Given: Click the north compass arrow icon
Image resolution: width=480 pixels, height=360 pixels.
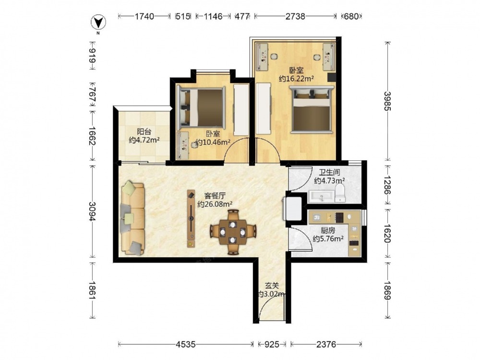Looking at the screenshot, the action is point(98,23).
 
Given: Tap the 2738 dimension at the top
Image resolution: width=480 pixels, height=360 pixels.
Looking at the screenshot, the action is point(295,16).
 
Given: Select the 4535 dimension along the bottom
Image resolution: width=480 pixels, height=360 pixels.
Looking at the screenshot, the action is point(185,344).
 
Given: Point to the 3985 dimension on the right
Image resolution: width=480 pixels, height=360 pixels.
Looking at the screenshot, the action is point(388,101).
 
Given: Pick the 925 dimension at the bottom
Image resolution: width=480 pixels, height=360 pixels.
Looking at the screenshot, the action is point(272,344).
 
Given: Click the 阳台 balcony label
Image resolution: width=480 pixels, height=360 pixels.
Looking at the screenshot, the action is point(144,132).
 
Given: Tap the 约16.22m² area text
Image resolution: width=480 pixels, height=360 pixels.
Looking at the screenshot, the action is point(296,79).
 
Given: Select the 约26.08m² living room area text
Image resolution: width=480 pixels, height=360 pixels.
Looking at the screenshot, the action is point(215,204).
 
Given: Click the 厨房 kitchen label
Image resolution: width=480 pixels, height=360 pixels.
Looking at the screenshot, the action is point(328,230).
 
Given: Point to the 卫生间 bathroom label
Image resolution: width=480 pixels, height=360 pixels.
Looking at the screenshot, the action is point(329,172).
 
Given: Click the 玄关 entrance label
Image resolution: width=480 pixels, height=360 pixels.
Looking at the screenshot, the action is point(272,286).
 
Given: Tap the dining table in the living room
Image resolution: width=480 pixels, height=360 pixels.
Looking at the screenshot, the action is point(233,232).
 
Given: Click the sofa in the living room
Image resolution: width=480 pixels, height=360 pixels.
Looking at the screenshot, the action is point(133,218).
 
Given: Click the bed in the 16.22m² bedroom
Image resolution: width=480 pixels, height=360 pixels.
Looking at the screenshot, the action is point(312,109).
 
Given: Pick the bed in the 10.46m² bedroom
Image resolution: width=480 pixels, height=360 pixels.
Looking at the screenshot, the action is point(201,108).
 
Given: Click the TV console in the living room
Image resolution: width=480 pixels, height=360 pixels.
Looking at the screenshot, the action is point(192,218).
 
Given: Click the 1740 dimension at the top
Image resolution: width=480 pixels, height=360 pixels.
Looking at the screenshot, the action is point(144,16).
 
